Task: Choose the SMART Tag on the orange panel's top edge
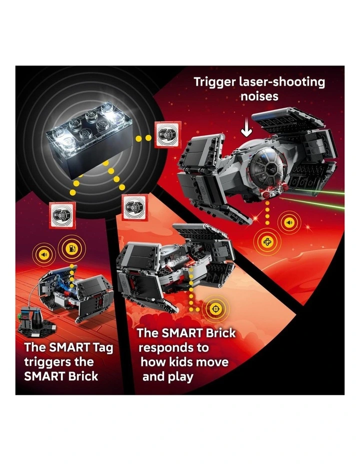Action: pos(131,205)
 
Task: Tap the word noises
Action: pos(259,96)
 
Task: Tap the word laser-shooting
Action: pos(281,81)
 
